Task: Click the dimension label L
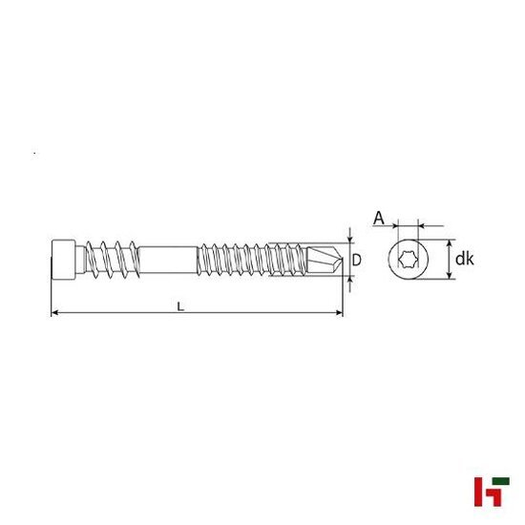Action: pos(179,305)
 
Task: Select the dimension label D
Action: pos(357,259)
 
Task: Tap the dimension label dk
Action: pos(465,258)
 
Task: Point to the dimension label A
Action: pos(378,219)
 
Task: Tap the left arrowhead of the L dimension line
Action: pos(53,313)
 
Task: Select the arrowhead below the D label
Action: pos(349,278)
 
